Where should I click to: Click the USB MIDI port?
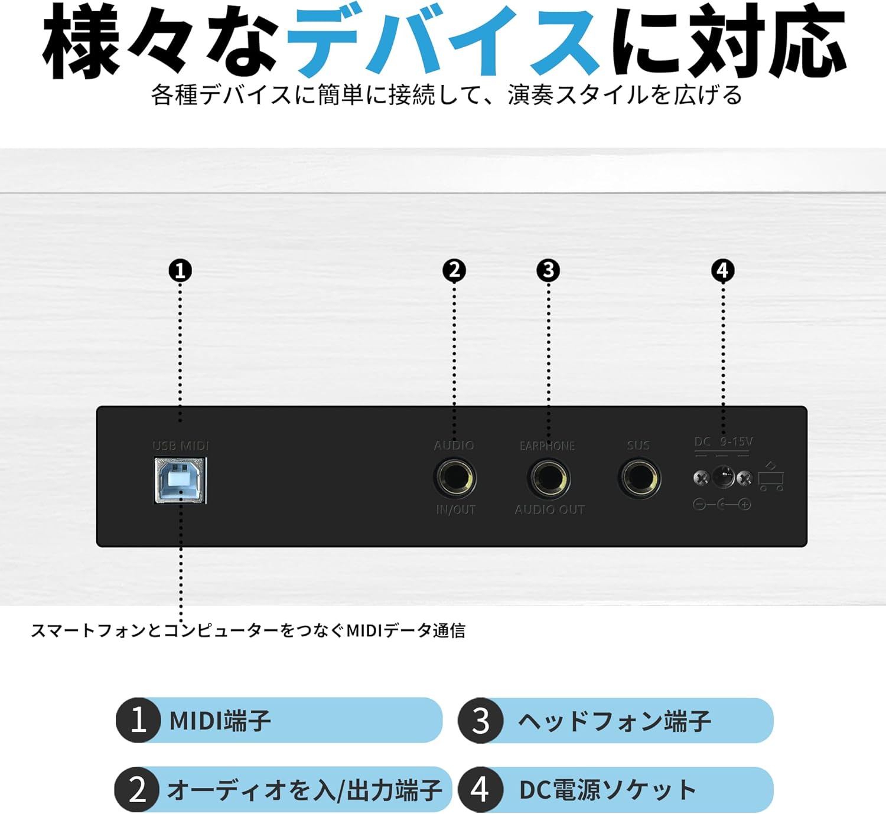pos(180,480)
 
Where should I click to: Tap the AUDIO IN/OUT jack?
pos(454,478)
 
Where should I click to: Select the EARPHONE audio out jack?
pos(549,478)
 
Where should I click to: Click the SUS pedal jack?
pos(639,478)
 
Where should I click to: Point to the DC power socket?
pos(722,477)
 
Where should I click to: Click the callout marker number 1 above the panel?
pos(180,271)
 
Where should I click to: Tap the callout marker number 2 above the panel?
pos(454,270)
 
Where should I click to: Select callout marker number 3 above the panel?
pos(548,270)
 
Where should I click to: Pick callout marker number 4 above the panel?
pos(722,270)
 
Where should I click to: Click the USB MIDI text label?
pos(181,446)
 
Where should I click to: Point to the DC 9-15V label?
pos(723,442)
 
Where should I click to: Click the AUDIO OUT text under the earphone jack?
pos(549,509)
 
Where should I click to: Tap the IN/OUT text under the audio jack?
pos(455,509)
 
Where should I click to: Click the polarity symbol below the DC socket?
pos(722,505)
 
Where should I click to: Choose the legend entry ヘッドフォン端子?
pos(614,721)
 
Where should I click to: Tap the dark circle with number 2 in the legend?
pos(137,789)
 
